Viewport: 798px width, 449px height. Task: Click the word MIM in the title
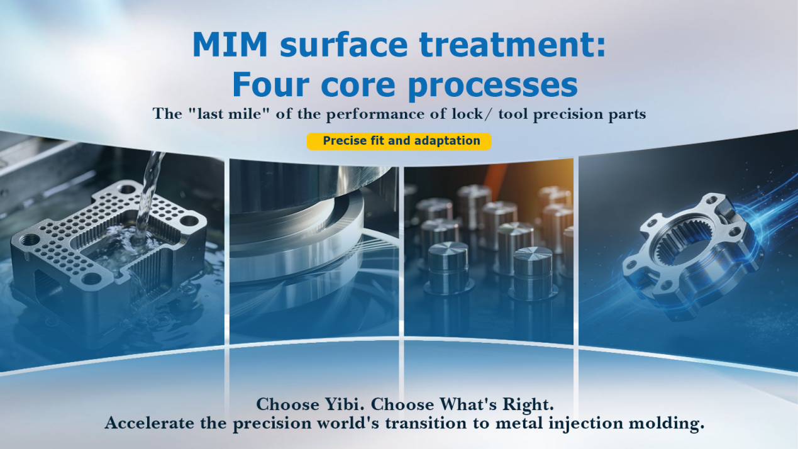tap(230, 45)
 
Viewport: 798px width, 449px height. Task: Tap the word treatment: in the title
tap(513, 45)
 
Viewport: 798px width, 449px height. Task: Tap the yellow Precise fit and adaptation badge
tap(399, 141)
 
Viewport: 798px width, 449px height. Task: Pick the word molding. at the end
tap(666, 424)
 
